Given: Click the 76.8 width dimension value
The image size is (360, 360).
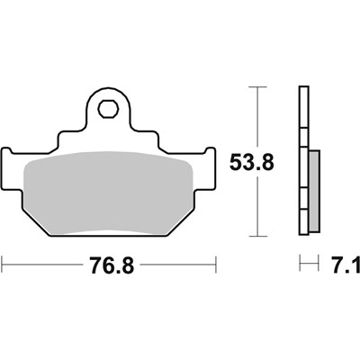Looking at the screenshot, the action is pyautogui.click(x=112, y=265).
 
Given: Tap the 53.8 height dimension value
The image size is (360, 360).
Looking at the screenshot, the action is pyautogui.click(x=252, y=162).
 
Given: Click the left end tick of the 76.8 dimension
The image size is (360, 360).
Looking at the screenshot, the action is pyautogui.click(x=3, y=265).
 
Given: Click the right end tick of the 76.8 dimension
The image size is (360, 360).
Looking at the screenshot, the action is pyautogui.click(x=216, y=265).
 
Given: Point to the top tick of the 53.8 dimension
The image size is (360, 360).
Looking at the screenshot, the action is pyautogui.click(x=257, y=87).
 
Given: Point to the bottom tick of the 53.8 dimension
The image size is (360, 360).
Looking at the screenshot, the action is pyautogui.click(x=257, y=237).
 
